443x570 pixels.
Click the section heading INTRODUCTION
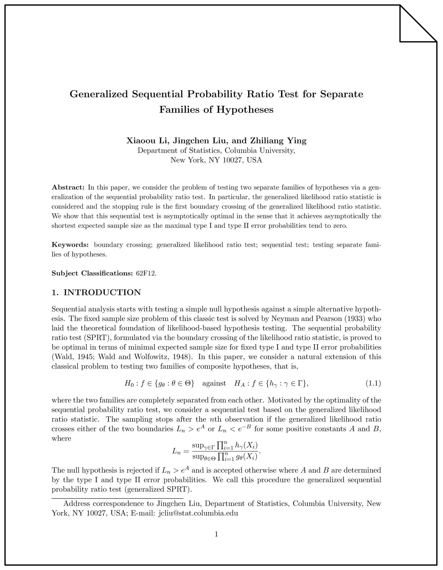click(x=102, y=292)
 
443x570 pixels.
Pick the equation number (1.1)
click(x=373, y=384)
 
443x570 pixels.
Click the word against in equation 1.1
click(x=214, y=384)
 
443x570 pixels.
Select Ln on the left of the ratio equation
click(x=176, y=451)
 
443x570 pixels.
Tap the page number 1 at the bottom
click(x=216, y=534)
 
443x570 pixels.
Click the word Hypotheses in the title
click(x=245, y=110)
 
